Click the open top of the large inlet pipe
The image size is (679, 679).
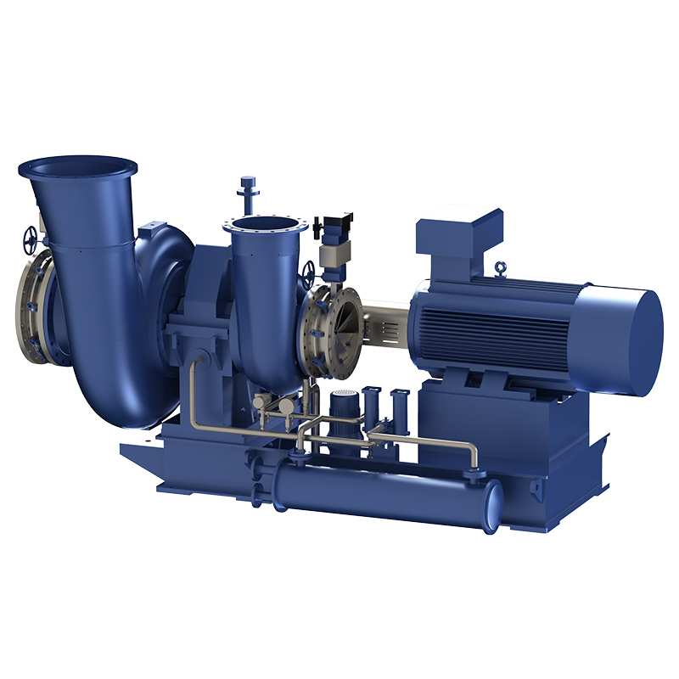click(x=77, y=166)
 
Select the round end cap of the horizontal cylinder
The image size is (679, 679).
click(x=491, y=508)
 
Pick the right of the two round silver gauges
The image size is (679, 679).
click(x=287, y=407)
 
